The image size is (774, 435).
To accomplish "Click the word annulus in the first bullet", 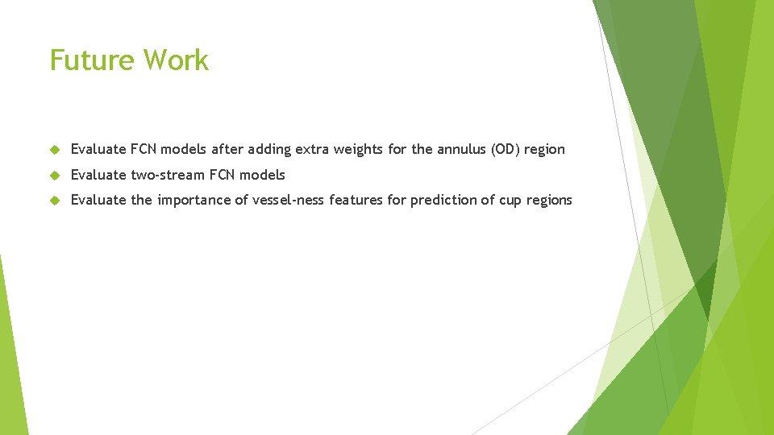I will point(462,149).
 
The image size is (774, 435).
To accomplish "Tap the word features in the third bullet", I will point(356,200).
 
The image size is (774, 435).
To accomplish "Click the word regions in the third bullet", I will point(549,201).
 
